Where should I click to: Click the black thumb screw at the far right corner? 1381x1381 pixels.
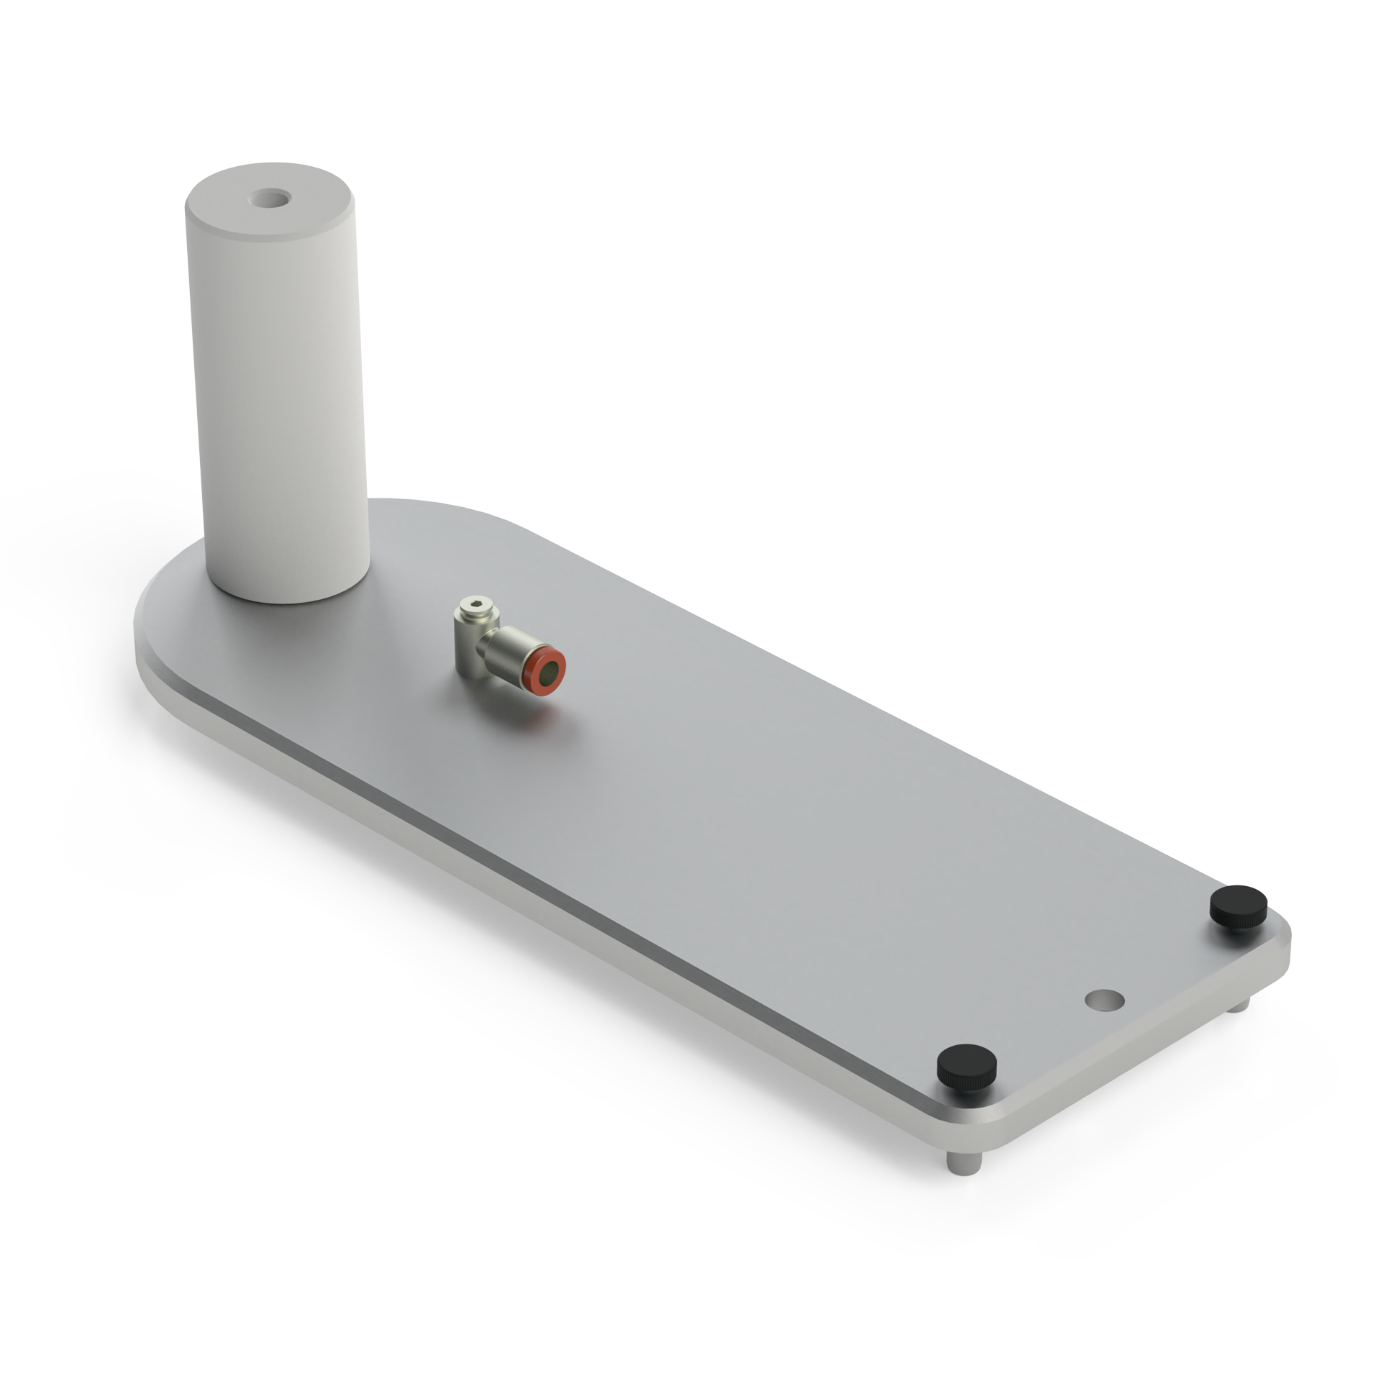click(1236, 908)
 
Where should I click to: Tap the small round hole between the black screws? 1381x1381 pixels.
click(1105, 1000)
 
